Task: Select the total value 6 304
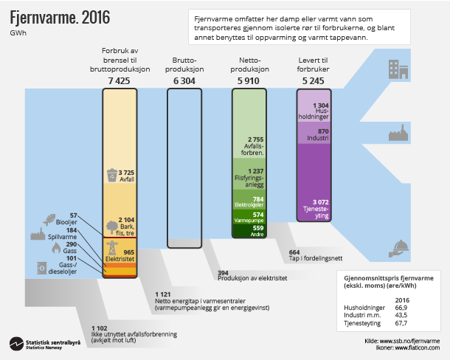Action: pos(183,80)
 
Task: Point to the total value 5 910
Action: pos(249,80)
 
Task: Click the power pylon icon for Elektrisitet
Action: pos(112,249)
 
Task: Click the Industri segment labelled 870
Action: pos(319,133)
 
